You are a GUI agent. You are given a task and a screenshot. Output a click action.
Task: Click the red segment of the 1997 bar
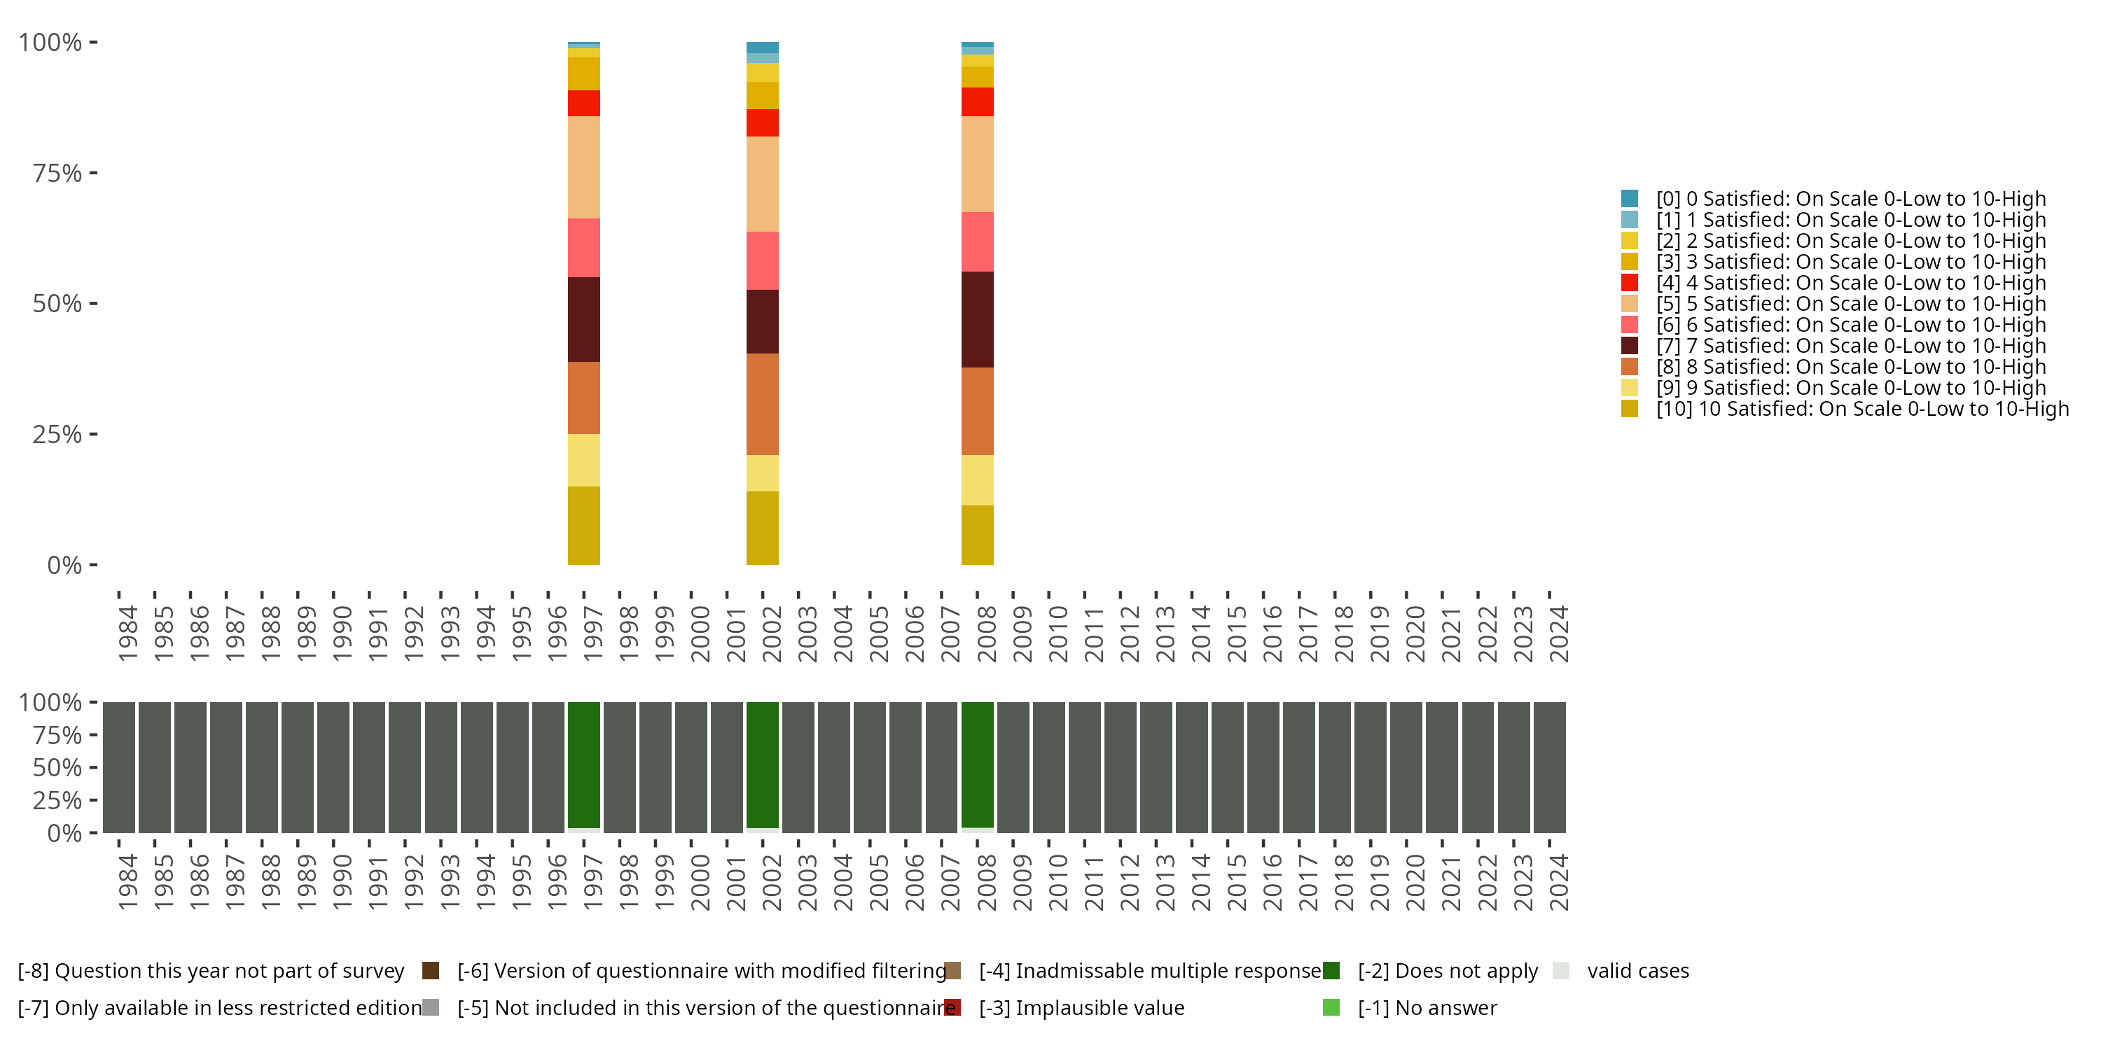583,103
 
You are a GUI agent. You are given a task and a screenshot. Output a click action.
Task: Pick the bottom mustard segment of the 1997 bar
583,525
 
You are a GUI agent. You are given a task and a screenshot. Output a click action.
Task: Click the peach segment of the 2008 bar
977,164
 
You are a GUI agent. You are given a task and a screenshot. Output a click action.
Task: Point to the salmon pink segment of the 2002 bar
762,260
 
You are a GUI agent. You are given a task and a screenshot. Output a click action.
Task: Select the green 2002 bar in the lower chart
762,764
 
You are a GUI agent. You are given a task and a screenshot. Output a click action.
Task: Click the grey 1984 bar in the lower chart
118,767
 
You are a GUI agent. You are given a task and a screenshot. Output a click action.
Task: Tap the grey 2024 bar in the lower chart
1549,767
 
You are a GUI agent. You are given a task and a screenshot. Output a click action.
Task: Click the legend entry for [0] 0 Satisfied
1850,199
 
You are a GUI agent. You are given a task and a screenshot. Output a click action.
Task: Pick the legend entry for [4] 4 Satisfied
1850,283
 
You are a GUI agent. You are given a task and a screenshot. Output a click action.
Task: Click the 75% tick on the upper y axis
57,173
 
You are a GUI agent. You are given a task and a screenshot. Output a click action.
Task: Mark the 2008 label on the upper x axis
986,633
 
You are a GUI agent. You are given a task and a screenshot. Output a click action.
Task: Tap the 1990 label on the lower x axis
342,882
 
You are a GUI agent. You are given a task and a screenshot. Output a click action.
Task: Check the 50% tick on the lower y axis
57,767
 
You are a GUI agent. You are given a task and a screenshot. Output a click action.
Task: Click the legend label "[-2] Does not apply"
1447,971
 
